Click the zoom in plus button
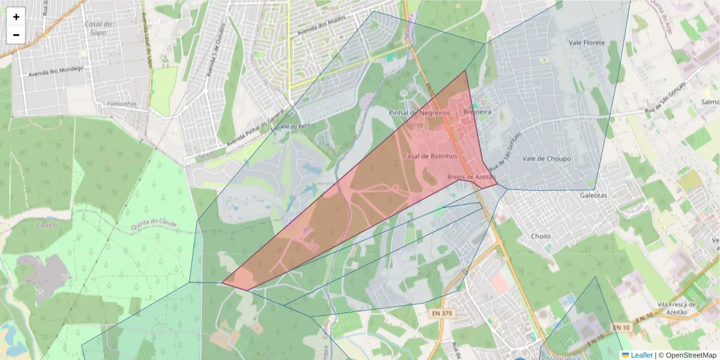16,17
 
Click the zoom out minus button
16,35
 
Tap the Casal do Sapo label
99,28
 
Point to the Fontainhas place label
122,104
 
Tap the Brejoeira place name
478,112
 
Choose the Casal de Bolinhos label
430,156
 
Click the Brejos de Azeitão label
472,177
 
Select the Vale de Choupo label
547,159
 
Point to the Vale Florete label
587,43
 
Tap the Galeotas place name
593,196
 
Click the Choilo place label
541,236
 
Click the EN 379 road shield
442,313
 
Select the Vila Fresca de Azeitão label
676,308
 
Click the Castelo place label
46,225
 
